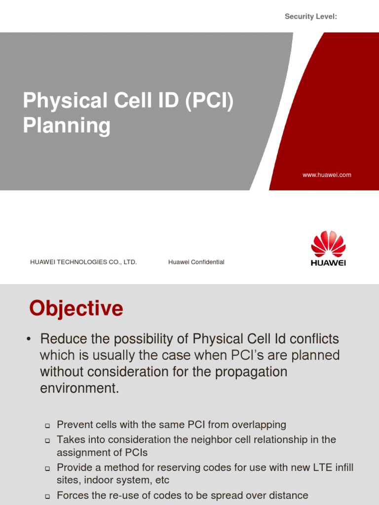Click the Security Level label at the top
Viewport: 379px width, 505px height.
[x=311, y=17]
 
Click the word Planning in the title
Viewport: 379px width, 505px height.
[x=67, y=125]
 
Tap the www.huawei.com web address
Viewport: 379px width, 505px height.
[x=327, y=175]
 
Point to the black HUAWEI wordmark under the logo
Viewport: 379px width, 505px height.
[x=328, y=263]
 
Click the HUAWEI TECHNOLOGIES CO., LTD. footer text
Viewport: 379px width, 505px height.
[x=83, y=262]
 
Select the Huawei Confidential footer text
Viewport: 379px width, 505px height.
[x=196, y=262]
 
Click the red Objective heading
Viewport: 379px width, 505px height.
[x=76, y=309]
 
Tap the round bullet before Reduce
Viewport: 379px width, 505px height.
[x=30, y=339]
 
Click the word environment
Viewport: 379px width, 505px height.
[x=79, y=388]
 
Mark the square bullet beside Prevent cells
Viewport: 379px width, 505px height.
[x=47, y=425]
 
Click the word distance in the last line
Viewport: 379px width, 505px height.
[x=284, y=495]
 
